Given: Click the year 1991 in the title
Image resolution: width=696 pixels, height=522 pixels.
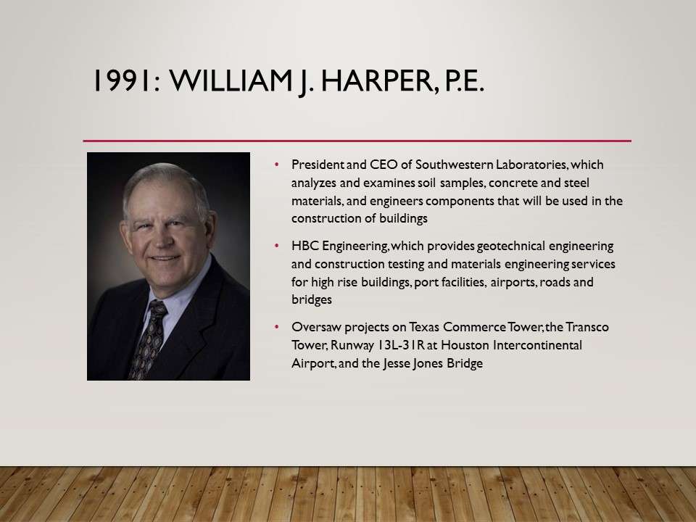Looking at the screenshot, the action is [x=122, y=80].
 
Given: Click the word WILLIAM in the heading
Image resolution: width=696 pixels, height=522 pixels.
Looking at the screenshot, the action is [x=230, y=80].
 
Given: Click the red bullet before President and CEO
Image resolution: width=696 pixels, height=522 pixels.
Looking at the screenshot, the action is [x=277, y=165].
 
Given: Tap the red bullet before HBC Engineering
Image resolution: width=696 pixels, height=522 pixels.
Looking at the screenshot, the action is [x=277, y=246].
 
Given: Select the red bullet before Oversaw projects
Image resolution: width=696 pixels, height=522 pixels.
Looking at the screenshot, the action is [x=277, y=327].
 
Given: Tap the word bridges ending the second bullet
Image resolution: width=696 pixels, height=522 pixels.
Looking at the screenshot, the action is [x=312, y=300].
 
